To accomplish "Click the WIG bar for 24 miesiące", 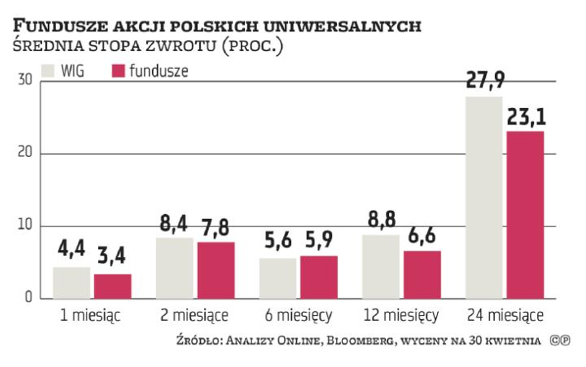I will (483, 198).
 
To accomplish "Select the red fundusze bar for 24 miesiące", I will (525, 215).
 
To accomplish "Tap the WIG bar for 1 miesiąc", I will (71, 283).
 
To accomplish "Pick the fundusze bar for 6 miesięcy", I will (319, 277).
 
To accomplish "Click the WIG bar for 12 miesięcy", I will (380, 267).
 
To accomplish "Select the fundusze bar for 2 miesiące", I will (216, 270).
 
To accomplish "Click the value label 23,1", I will (525, 116).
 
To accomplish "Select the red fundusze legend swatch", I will (118, 70).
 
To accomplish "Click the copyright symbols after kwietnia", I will (558, 341).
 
